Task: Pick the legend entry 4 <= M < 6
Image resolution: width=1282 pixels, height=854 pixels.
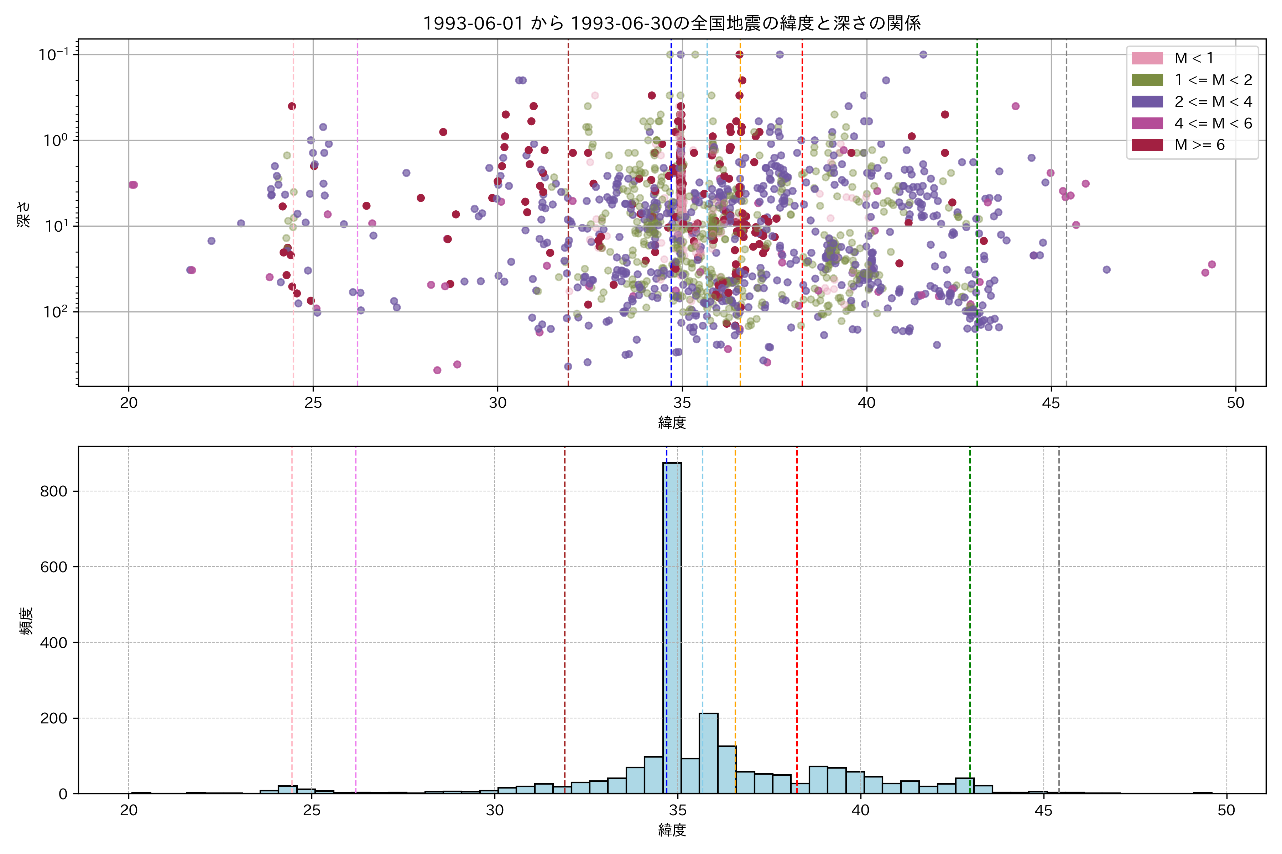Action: [1213, 123]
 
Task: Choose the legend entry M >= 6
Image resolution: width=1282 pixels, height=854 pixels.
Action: [1199, 145]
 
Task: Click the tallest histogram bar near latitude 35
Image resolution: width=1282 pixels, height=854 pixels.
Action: [672, 626]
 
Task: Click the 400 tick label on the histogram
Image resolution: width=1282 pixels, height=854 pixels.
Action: [53, 643]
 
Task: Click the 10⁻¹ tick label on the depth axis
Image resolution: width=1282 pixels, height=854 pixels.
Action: [53, 54]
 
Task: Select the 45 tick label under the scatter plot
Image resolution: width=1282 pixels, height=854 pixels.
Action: [1051, 403]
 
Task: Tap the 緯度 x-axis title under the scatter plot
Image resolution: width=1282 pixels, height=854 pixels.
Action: [672, 423]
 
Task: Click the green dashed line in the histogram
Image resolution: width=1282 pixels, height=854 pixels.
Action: [970, 599]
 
